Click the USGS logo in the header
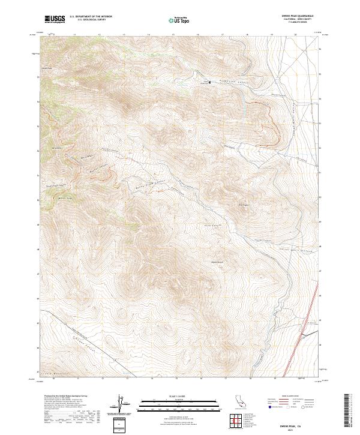(55, 20)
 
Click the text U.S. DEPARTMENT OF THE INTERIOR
(91, 17)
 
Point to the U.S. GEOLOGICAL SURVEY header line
(86, 20)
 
